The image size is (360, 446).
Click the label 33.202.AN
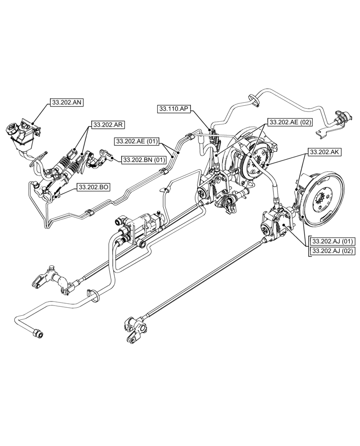pos(67,103)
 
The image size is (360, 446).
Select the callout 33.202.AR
pos(107,124)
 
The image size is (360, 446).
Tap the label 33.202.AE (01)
pos(136,141)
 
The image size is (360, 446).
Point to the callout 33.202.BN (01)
pos(144,159)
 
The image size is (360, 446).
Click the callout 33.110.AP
pos(174,109)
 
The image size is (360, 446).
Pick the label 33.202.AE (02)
pos(289,122)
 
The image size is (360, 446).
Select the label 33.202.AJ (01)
pos(332,242)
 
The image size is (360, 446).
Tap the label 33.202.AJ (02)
pos(332,251)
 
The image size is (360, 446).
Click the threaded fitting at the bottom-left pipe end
pos(37,333)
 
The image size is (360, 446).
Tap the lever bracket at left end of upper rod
pos(53,281)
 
